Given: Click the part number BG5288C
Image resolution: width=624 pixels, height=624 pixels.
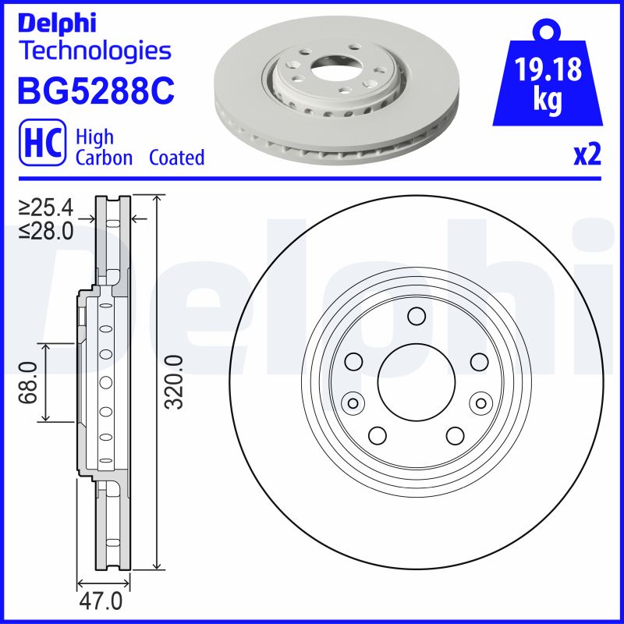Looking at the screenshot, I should [x=95, y=91].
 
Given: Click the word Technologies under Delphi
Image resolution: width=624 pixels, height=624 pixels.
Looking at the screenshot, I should [x=94, y=51].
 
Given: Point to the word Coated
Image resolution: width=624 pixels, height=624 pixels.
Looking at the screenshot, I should [x=177, y=158].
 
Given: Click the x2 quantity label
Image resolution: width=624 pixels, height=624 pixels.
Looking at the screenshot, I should [x=587, y=155].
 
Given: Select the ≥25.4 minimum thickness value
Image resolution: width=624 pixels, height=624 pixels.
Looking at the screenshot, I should [x=46, y=208].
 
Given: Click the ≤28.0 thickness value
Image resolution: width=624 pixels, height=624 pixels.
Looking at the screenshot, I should [x=46, y=230].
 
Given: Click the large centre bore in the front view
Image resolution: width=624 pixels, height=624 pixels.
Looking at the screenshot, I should [x=416, y=382].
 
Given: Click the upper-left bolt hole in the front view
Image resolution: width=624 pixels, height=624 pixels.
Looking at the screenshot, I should [x=354, y=361].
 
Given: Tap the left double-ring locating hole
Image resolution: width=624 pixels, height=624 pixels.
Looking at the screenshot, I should [x=353, y=402].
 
